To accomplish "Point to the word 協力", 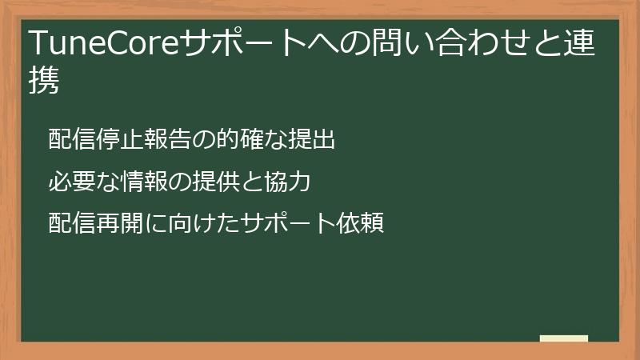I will [290, 182].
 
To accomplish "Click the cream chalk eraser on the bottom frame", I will [564, 338].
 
